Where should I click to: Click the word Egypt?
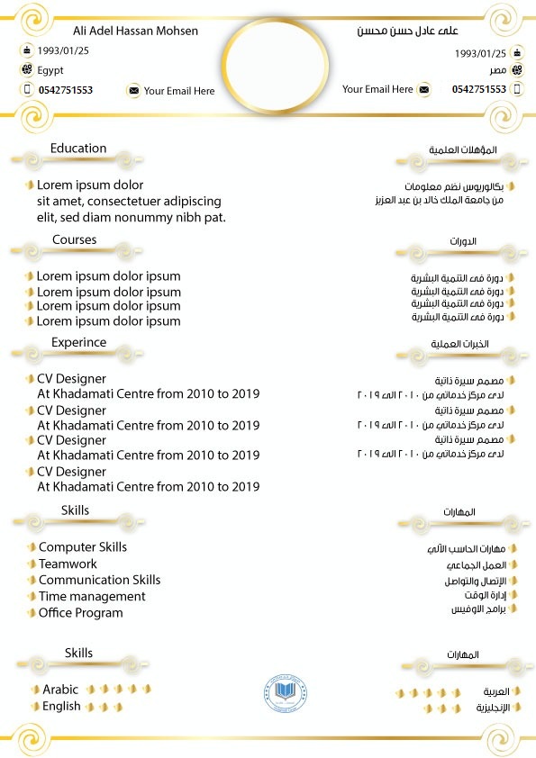click(x=50, y=70)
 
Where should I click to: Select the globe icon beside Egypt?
click(x=26, y=70)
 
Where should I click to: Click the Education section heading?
click(x=78, y=149)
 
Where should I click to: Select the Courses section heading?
click(x=74, y=240)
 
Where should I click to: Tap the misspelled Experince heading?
click(x=78, y=343)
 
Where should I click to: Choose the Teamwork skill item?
click(x=68, y=564)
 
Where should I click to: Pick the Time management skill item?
click(x=92, y=596)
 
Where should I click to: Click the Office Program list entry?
click(x=81, y=613)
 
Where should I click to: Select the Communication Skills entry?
click(x=99, y=580)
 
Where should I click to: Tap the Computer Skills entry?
click(x=83, y=547)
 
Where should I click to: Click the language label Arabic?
click(x=60, y=690)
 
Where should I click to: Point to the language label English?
click(x=61, y=707)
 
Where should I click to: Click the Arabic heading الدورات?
click(x=463, y=242)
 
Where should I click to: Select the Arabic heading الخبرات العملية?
click(x=460, y=345)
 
